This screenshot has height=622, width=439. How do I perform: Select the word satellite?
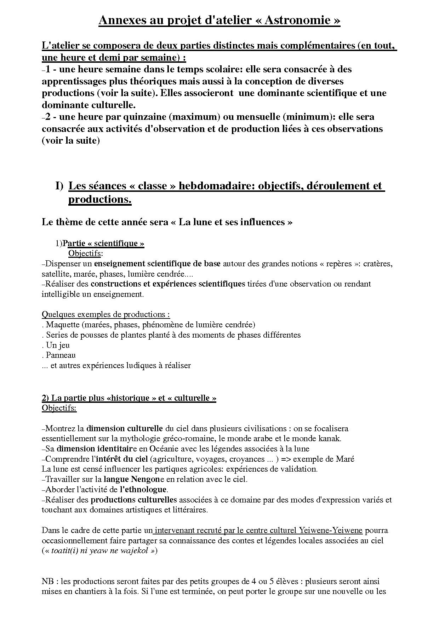(54, 274)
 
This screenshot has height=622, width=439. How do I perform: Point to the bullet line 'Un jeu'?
(57, 345)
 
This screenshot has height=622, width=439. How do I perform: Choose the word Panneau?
(61, 355)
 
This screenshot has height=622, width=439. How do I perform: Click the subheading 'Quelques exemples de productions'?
(105, 315)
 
